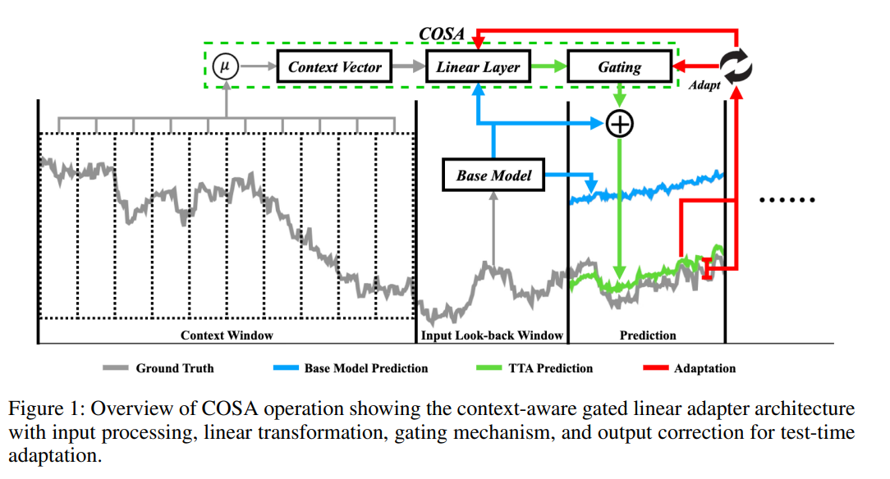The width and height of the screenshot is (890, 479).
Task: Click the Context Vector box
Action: pos(334,67)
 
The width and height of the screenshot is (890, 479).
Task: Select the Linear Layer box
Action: pos(478,67)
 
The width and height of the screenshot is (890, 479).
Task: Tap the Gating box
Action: pos(620,67)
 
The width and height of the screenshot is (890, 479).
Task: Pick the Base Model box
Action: pos(493,176)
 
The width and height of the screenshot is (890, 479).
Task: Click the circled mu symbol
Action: pos(225,66)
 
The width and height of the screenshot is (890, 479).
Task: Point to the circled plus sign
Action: pos(619,124)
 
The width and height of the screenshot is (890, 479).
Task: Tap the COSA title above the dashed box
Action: pos(442,34)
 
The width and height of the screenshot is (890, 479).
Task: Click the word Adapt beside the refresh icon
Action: pos(704,85)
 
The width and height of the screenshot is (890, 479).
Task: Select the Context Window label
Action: pos(227,335)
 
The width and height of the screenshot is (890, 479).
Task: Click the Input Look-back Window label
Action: pos(492,335)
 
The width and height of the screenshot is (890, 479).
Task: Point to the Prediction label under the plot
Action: pos(648,335)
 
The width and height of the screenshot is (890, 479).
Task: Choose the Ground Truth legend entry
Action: pos(158,368)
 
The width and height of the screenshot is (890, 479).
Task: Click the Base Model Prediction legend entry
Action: pos(351,368)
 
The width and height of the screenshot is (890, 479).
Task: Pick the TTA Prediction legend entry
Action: pos(534,368)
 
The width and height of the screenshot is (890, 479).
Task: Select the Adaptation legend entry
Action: pos(689,368)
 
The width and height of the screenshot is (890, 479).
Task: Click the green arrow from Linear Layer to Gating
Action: pos(549,66)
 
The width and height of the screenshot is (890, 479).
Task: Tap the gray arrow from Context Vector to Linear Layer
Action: pos(409,66)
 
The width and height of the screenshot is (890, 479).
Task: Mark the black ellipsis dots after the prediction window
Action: pos(787,199)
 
